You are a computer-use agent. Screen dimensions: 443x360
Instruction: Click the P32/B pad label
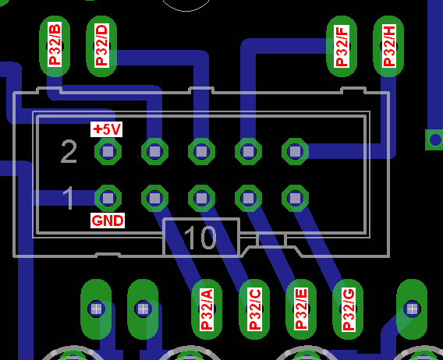[55, 44]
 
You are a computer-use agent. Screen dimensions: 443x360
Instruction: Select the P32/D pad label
[101, 45]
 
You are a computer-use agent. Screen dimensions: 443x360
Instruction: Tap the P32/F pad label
[342, 46]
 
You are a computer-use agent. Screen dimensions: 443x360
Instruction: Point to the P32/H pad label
[388, 46]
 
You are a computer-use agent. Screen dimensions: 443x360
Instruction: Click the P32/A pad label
[207, 309]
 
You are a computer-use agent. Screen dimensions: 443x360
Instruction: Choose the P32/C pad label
[254, 309]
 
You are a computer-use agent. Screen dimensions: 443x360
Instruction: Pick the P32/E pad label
[301, 309]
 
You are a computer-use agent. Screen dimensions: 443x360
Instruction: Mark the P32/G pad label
[349, 309]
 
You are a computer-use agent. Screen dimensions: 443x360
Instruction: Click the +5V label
[107, 129]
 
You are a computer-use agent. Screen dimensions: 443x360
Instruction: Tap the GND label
[108, 221]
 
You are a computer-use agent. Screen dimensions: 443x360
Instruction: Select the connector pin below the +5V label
[108, 151]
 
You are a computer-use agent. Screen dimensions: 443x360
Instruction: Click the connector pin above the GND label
[108, 198]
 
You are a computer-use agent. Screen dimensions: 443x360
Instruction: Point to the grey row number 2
[69, 152]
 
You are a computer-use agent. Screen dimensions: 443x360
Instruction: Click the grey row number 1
[69, 198]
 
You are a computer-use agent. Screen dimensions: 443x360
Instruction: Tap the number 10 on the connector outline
[200, 238]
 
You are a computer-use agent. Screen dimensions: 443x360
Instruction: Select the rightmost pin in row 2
[296, 151]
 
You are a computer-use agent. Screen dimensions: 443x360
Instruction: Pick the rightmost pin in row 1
[296, 198]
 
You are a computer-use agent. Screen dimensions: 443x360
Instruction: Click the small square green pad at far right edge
[434, 139]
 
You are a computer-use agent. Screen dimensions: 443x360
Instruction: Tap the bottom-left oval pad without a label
[96, 309]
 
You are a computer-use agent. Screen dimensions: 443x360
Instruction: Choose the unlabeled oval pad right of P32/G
[412, 309]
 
